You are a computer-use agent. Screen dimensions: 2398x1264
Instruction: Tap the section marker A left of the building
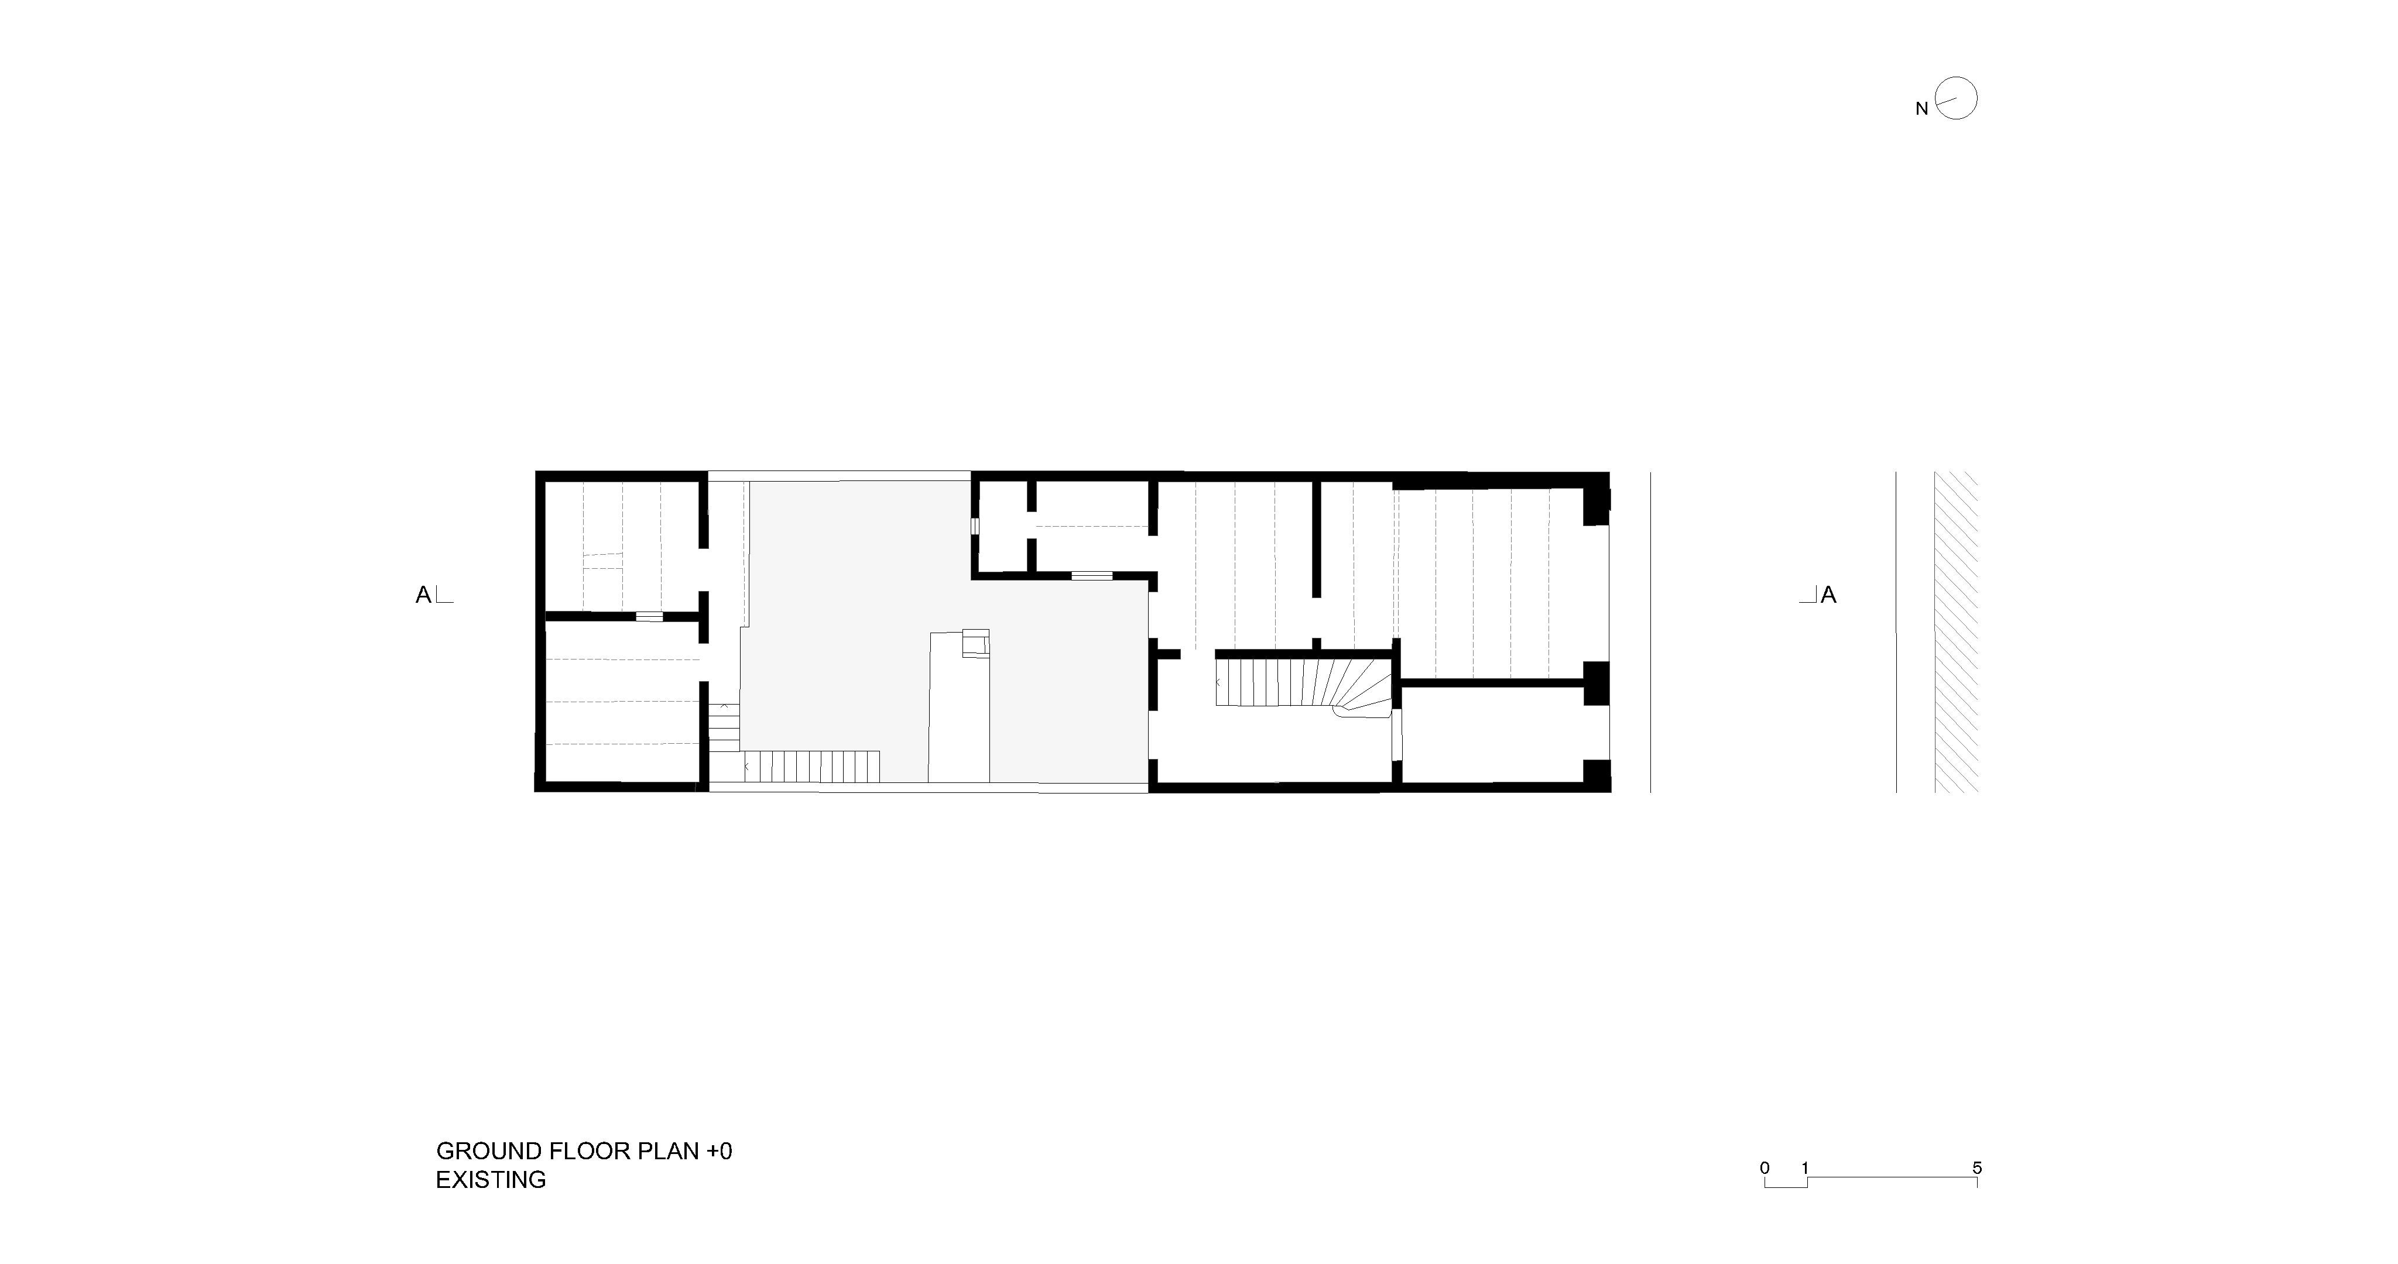[x=423, y=595]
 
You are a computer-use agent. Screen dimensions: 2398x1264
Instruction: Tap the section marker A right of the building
[x=1828, y=595]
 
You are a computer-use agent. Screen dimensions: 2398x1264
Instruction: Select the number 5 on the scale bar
[x=1977, y=1168]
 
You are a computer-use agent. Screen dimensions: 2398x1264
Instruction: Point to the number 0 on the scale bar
[x=1765, y=1168]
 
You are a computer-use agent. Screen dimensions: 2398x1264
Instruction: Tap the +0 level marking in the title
[x=720, y=1152]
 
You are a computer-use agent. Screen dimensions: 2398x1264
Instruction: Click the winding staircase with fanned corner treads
[x=1303, y=684]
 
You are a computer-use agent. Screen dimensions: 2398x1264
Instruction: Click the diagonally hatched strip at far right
[x=1957, y=632]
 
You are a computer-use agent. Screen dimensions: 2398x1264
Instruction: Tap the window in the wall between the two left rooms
[x=649, y=616]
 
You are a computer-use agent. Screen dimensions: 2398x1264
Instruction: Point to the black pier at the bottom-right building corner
[x=1598, y=774]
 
